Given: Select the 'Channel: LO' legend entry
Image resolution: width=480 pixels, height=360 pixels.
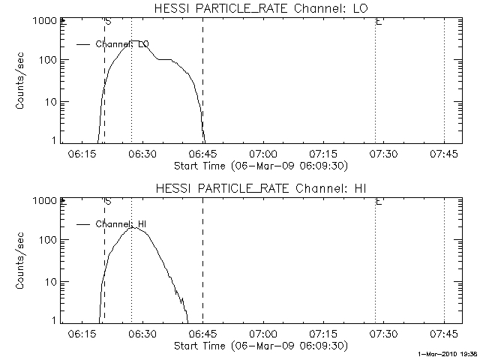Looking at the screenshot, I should (122, 44).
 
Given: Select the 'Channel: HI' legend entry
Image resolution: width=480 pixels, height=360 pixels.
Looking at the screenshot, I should (120, 224).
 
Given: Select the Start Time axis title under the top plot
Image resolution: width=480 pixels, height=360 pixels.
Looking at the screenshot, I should (259, 165).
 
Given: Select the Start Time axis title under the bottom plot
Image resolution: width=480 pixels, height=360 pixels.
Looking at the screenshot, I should (259, 345).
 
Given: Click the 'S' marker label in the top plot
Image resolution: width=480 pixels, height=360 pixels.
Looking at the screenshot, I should (108, 22).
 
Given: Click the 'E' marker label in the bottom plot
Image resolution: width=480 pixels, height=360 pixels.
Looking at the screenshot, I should (379, 202).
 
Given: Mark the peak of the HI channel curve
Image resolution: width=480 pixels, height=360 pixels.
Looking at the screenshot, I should (132, 227).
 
